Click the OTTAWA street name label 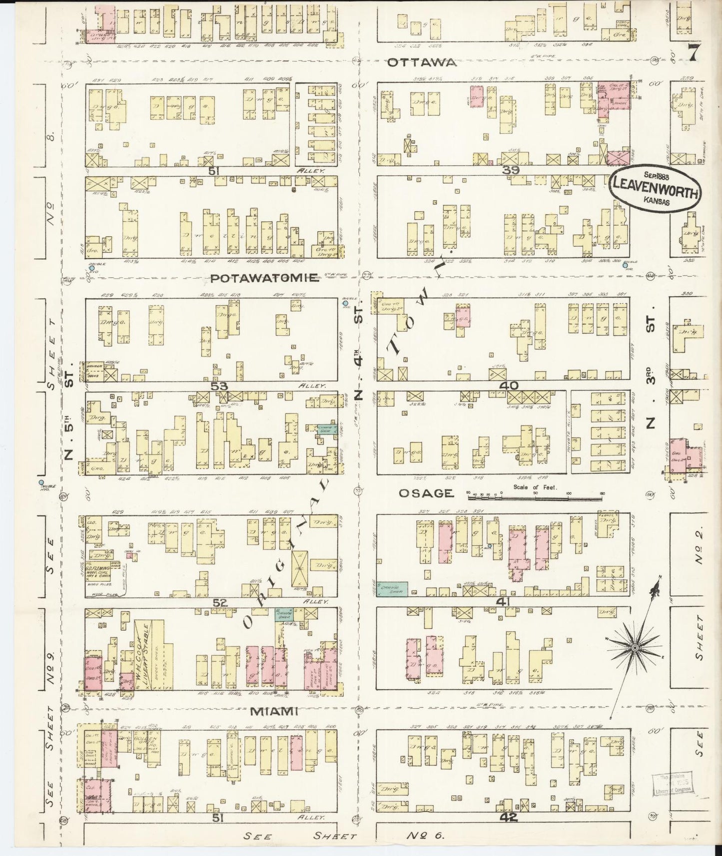[422, 62]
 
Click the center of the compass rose [634, 648]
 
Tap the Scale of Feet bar [535, 497]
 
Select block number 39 [511, 170]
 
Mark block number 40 [508, 386]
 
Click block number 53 [219, 386]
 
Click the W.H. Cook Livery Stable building [144, 654]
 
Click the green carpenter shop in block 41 [392, 589]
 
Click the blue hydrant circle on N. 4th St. [345, 303]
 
